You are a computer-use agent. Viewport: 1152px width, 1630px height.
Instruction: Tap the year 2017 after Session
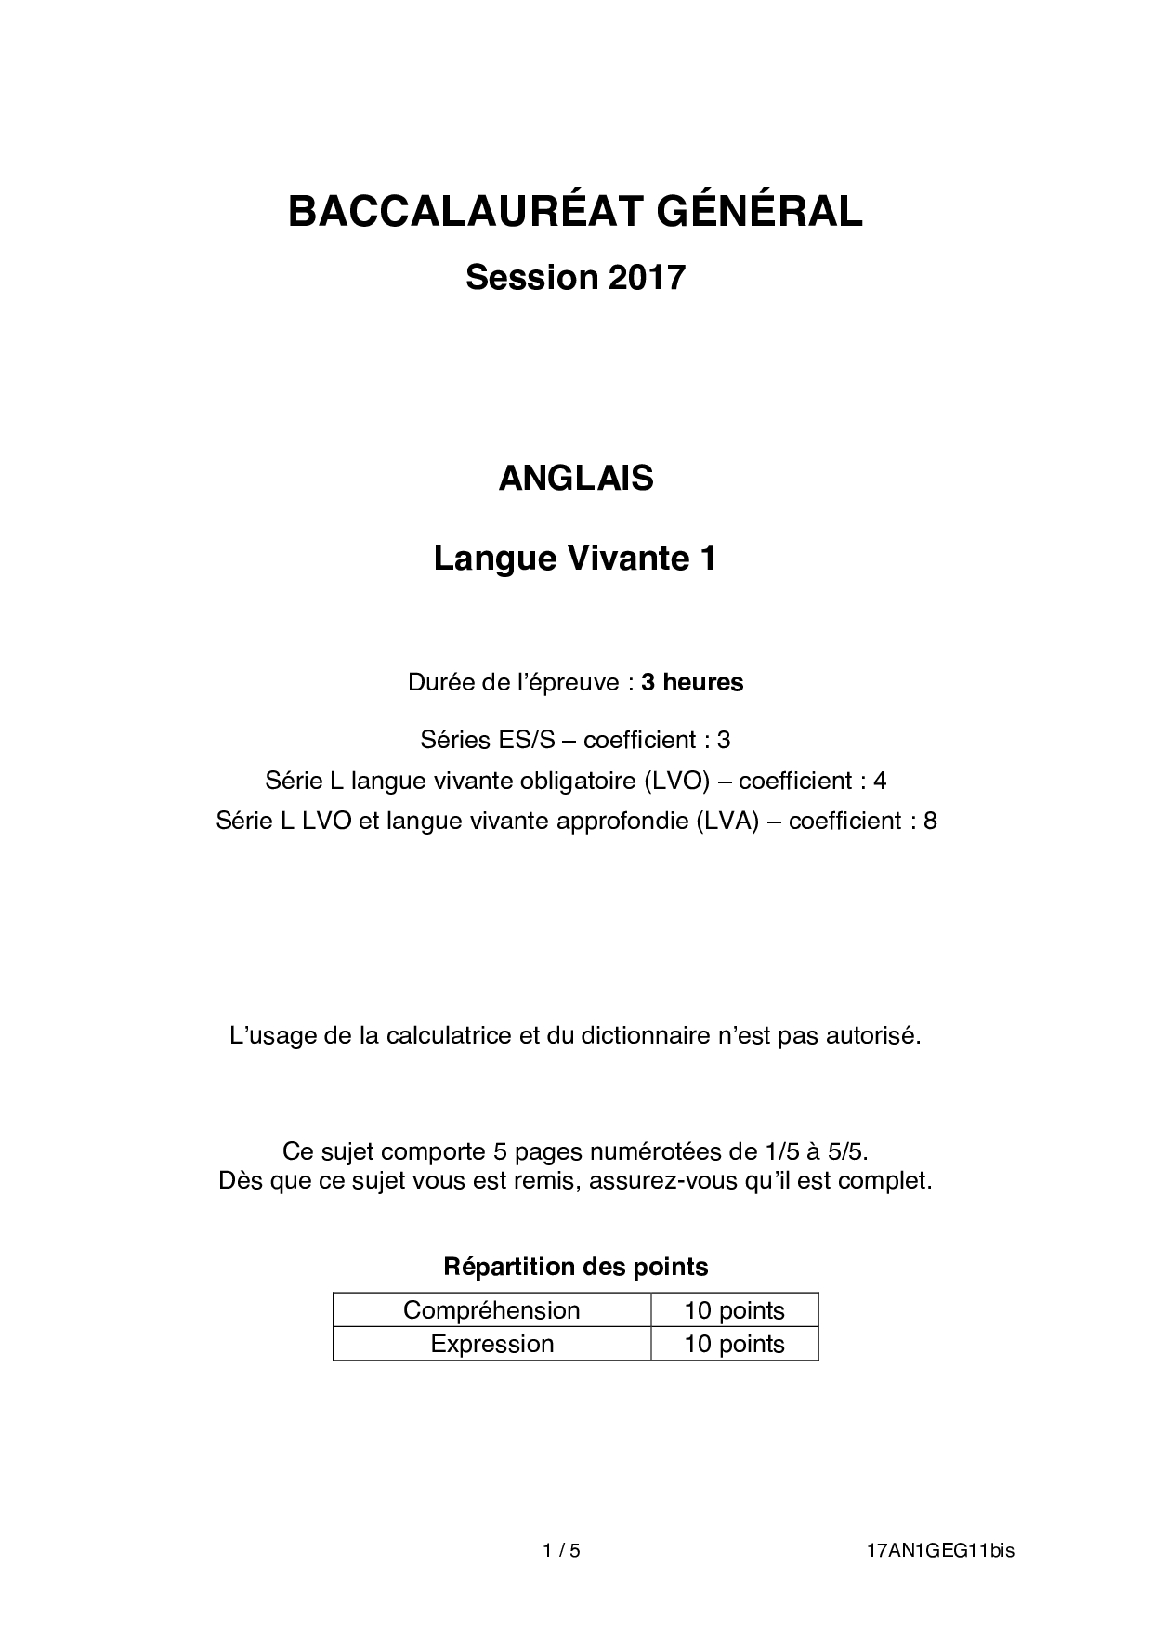[x=647, y=277]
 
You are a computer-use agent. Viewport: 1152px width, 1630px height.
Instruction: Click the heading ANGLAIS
[x=576, y=478]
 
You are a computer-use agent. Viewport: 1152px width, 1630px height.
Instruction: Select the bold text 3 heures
[x=692, y=682]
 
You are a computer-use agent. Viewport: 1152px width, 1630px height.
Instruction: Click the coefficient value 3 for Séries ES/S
[x=724, y=740]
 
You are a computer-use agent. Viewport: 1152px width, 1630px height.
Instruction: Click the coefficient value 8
[x=930, y=821]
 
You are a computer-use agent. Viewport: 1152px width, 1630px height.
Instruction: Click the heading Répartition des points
[x=576, y=1266]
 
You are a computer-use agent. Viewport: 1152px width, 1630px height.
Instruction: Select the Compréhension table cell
[x=491, y=1310]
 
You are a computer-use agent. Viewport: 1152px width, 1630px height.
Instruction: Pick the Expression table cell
[x=491, y=1344]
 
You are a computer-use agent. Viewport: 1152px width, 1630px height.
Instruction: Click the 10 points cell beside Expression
[x=734, y=1344]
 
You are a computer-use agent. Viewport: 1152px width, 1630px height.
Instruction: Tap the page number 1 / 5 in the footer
[x=561, y=1550]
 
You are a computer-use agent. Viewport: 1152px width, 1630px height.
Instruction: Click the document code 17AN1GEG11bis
[x=940, y=1550]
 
